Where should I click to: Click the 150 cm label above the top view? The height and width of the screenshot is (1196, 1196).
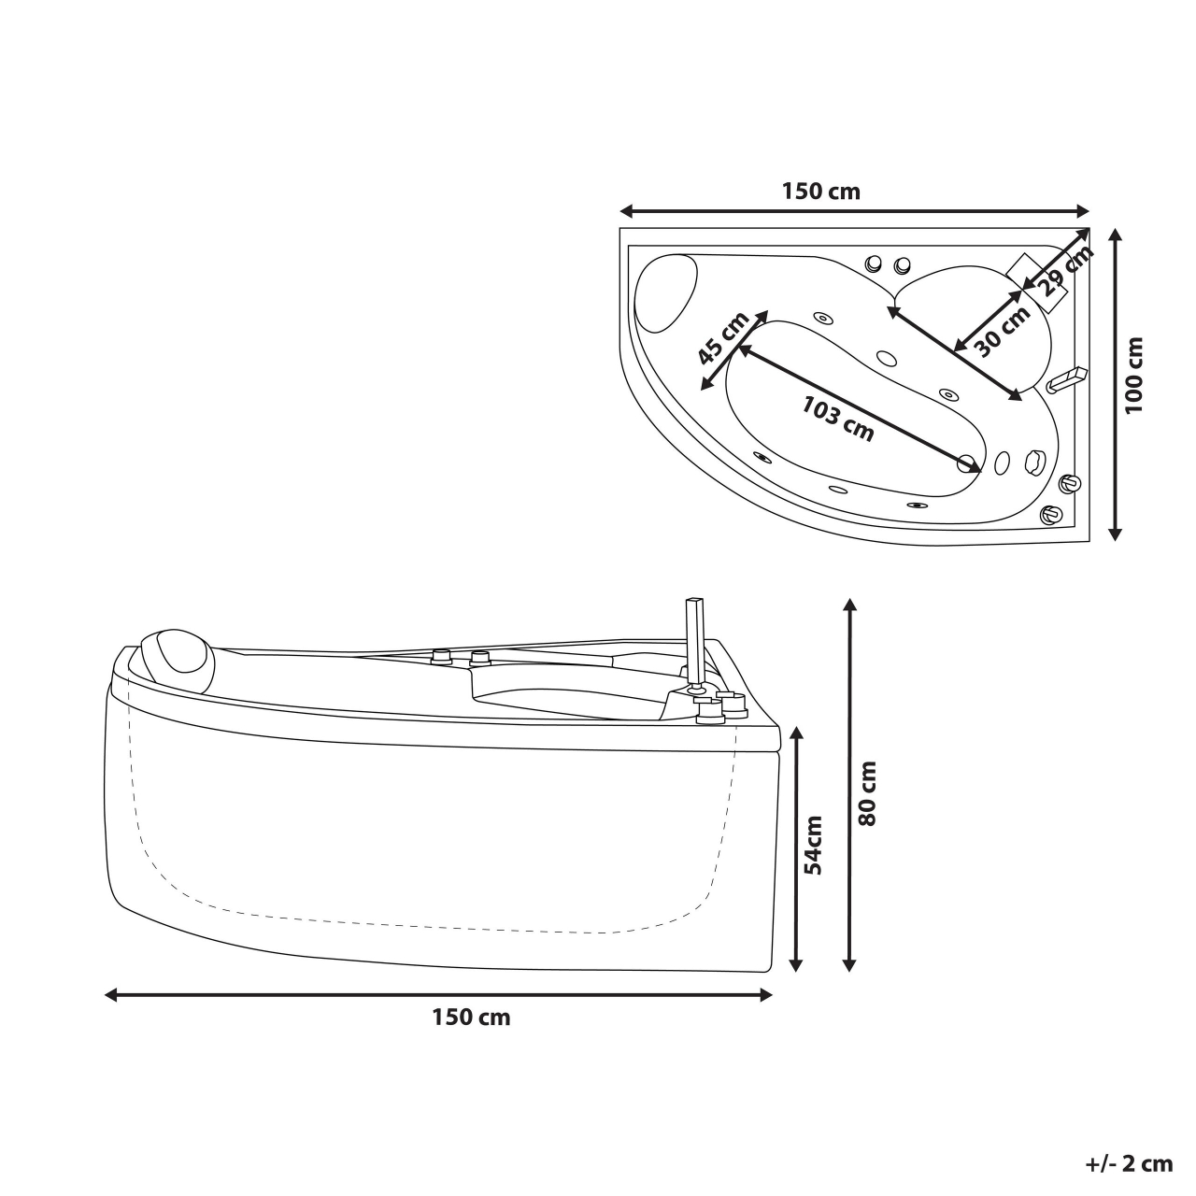coord(820,192)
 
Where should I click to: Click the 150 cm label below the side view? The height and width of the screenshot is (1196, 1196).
coord(471,1018)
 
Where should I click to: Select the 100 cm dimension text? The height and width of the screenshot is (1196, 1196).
coord(1134,377)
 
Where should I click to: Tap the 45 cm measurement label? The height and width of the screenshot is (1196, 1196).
coord(723,338)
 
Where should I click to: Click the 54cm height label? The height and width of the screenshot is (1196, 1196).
coord(813,845)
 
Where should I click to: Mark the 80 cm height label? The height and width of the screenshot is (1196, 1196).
coord(867,792)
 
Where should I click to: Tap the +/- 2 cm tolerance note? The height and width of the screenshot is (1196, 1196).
coord(1129,1163)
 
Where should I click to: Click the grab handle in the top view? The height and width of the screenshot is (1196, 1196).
coord(1065,378)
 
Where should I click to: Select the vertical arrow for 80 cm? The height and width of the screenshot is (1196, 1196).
coord(849,785)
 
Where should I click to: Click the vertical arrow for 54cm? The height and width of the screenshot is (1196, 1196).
coord(797,848)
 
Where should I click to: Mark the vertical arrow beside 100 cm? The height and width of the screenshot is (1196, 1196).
coord(1114,383)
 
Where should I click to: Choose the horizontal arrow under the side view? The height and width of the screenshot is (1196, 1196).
coord(439,995)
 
